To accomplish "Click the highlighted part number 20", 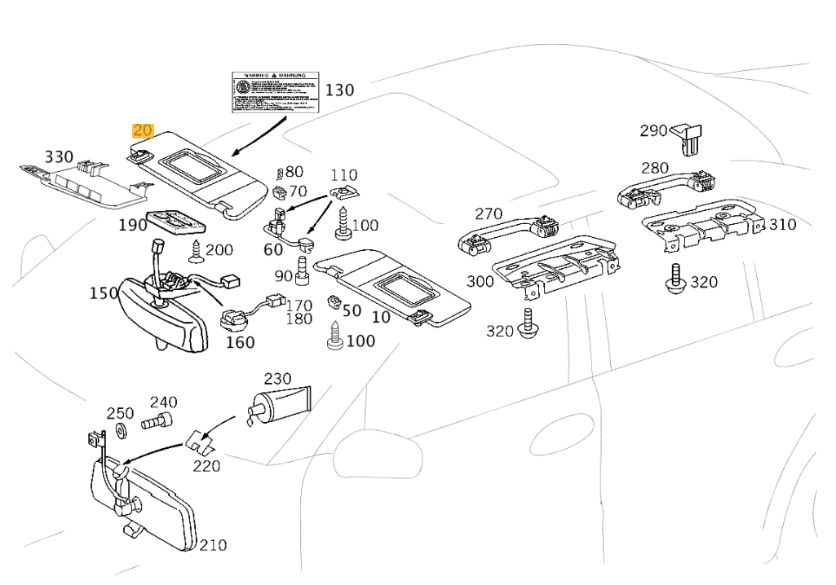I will tap(143, 130).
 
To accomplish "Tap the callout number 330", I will tap(59, 156).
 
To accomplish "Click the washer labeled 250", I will tap(121, 429).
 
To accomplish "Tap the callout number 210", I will tap(213, 545).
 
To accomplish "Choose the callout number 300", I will tap(480, 282).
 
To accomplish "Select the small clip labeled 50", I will tap(333, 301).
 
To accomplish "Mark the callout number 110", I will tap(343, 174).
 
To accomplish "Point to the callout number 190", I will tap(132, 224).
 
